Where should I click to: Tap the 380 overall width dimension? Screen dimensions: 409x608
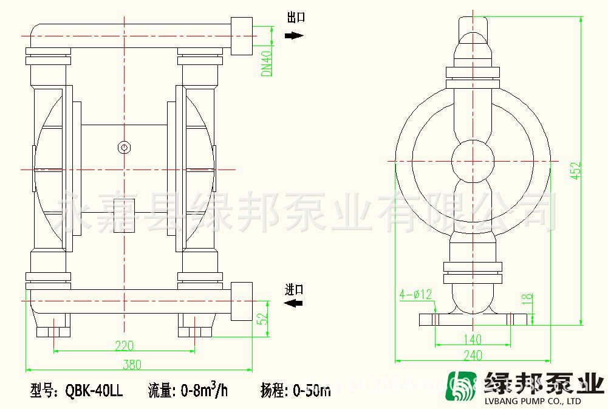pyautogui.click(x=131, y=364)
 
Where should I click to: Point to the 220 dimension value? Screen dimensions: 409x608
pyautogui.click(x=124, y=346)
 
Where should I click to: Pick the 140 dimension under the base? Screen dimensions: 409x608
pyautogui.click(x=472, y=339)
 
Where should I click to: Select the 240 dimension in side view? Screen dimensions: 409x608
pyautogui.click(x=473, y=356)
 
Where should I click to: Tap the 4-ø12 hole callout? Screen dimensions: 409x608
pyautogui.click(x=415, y=295)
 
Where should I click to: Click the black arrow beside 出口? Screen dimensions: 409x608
pyautogui.click(x=294, y=36)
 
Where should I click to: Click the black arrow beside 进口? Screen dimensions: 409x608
pyautogui.click(x=294, y=302)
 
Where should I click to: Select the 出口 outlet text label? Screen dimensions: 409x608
pyautogui.click(x=296, y=18)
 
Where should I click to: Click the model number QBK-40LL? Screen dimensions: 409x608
pyautogui.click(x=94, y=391)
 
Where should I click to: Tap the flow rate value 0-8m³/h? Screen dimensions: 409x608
pyautogui.click(x=204, y=390)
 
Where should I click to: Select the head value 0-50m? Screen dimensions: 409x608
pyautogui.click(x=312, y=390)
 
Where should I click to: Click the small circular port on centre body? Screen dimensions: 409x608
pyautogui.click(x=124, y=147)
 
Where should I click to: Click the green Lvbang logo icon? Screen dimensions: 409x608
pyautogui.click(x=463, y=385)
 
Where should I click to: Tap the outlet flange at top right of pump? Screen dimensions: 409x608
pyautogui.click(x=241, y=36)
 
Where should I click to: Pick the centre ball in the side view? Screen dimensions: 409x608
pyautogui.click(x=473, y=162)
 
